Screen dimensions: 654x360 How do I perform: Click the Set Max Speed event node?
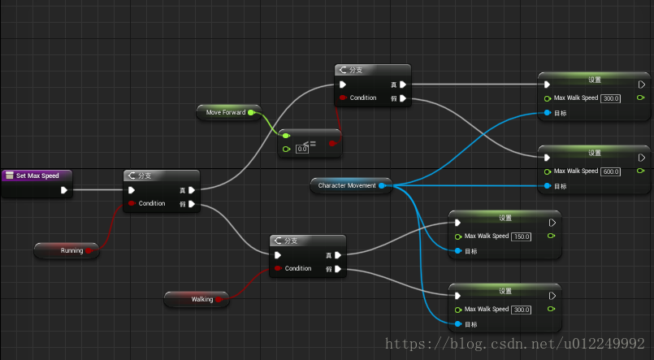(x=37, y=176)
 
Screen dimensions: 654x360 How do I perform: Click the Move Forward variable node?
(x=226, y=112)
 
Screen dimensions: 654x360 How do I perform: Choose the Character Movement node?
(x=347, y=185)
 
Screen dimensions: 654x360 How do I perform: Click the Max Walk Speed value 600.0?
(x=611, y=171)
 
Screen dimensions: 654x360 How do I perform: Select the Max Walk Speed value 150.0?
(x=521, y=236)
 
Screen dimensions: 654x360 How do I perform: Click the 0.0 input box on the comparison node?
(x=302, y=149)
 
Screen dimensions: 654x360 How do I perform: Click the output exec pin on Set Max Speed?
(x=64, y=191)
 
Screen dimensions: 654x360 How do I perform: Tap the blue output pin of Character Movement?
(x=382, y=185)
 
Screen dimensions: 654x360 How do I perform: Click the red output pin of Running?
(x=89, y=251)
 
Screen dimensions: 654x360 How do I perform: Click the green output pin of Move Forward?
(x=251, y=112)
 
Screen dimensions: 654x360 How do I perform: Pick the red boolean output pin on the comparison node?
(x=331, y=143)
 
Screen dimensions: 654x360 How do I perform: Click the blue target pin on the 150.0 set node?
(x=458, y=251)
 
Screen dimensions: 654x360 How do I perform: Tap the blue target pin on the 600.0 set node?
(x=548, y=186)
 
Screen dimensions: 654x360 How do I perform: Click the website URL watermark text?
(x=517, y=345)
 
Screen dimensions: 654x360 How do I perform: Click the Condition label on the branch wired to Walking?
(x=297, y=268)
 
